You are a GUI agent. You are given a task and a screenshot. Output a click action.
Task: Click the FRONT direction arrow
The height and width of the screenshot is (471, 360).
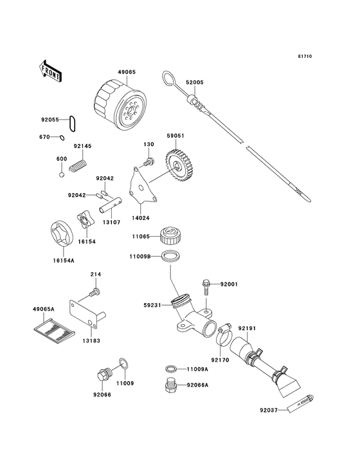click(x=51, y=70)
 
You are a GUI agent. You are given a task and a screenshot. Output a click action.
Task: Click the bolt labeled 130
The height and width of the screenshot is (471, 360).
click(x=149, y=161)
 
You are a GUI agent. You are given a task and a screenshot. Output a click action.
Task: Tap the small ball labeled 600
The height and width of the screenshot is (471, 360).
click(x=62, y=173)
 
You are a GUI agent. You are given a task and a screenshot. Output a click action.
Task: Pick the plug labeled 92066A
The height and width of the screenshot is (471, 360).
click(x=170, y=385)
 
